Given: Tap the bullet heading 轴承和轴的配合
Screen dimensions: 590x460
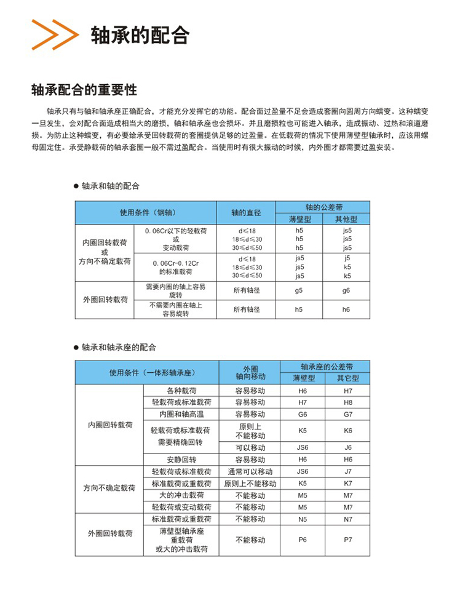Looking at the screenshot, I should (110, 185).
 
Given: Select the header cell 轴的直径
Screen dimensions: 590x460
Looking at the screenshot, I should (247, 212).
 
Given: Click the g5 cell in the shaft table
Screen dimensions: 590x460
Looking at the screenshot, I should (299, 290).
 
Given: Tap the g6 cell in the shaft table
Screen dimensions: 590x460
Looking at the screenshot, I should (346, 290).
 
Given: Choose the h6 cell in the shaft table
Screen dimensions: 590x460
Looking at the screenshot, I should (346, 309).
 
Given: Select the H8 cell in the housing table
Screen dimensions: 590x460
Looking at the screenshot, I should (348, 402).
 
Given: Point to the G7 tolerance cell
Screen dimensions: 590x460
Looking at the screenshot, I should (348, 413).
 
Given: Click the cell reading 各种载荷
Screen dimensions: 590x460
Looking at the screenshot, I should (181, 390).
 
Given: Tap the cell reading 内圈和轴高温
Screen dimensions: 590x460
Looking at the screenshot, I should (181, 413).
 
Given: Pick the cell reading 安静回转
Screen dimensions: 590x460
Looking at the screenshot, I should (181, 459).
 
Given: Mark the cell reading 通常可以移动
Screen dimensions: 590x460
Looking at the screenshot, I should (250, 471).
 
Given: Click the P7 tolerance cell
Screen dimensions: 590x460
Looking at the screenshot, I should (348, 540).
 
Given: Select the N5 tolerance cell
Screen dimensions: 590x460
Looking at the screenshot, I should (302, 519).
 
